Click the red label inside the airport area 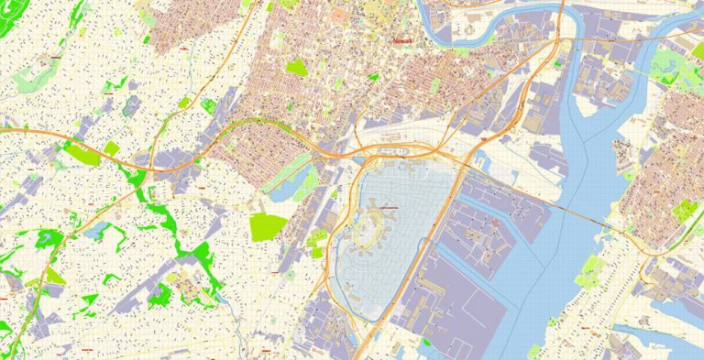point(389,209)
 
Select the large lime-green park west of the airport point(267,226)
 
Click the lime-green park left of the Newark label point(295,67)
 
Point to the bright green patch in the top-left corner point(69,11)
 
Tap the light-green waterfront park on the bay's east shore point(589,270)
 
